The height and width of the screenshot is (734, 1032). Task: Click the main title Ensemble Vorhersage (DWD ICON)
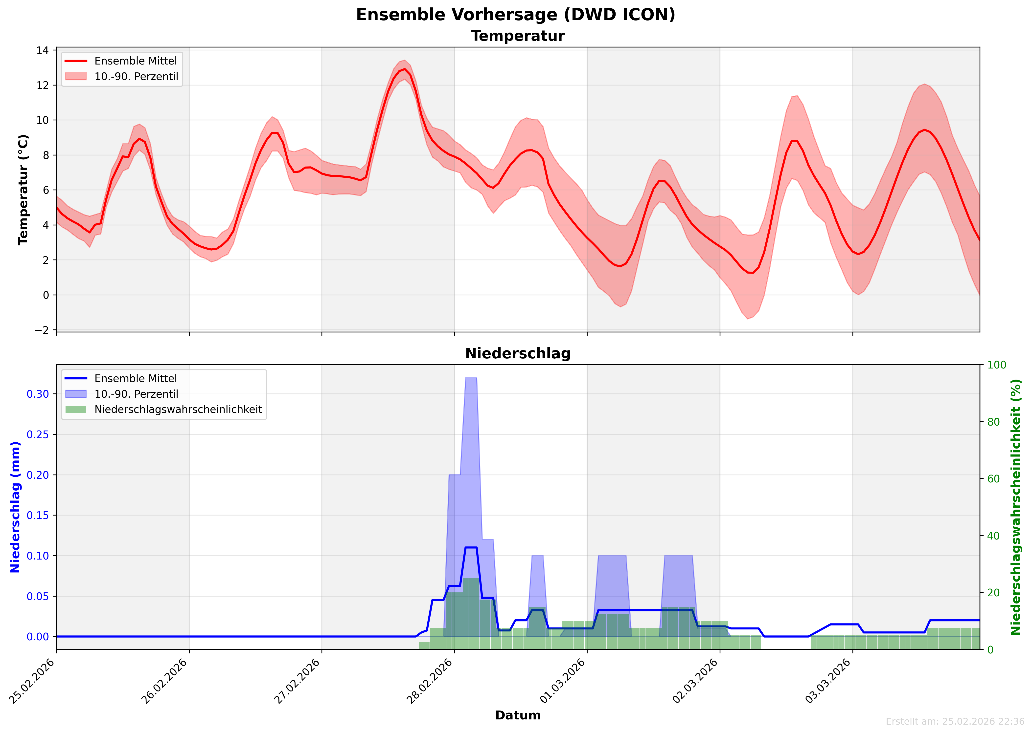pyautogui.click(x=516, y=15)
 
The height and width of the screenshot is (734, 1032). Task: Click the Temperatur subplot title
pyautogui.click(x=518, y=36)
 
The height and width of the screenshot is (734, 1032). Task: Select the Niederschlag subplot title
pyautogui.click(x=518, y=353)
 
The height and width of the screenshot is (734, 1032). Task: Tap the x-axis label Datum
pyautogui.click(x=518, y=715)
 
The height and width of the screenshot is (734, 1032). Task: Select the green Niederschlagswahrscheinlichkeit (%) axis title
pyautogui.click(x=1016, y=507)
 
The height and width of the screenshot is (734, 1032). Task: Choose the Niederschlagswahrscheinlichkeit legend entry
pyautogui.click(x=178, y=410)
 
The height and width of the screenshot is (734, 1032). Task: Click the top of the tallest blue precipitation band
pyautogui.click(x=471, y=378)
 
